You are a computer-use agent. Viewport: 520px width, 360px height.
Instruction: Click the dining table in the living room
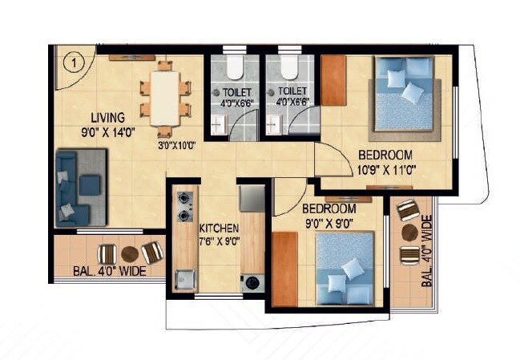point(165,99)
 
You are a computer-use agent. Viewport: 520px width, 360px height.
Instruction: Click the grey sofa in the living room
point(81,188)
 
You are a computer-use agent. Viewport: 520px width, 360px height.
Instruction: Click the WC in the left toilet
point(233,66)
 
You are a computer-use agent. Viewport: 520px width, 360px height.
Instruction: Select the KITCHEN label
point(217,227)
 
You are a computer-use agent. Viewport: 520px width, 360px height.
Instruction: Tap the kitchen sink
point(184,277)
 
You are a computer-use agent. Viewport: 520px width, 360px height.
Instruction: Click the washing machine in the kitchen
point(252,282)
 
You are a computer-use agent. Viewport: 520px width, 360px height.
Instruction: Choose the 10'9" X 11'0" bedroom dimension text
point(385,169)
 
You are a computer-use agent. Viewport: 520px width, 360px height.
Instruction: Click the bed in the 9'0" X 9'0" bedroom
point(343,269)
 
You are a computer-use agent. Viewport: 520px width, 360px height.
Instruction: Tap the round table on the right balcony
point(409,233)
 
